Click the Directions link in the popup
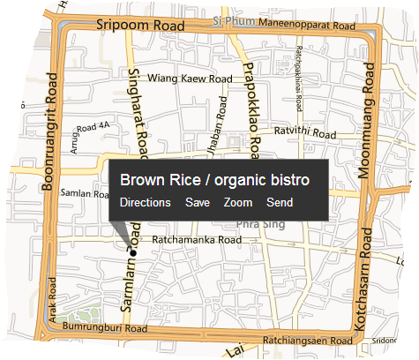click(x=146, y=203)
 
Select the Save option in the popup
click(x=198, y=203)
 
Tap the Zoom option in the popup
click(x=238, y=203)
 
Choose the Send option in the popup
click(x=280, y=203)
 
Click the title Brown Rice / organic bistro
click(x=214, y=180)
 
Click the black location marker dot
click(x=132, y=253)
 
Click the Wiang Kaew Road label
click(x=190, y=79)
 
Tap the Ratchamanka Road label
click(x=197, y=239)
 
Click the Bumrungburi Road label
click(x=104, y=326)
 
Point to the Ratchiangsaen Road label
click(x=306, y=341)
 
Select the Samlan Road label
click(x=84, y=192)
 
